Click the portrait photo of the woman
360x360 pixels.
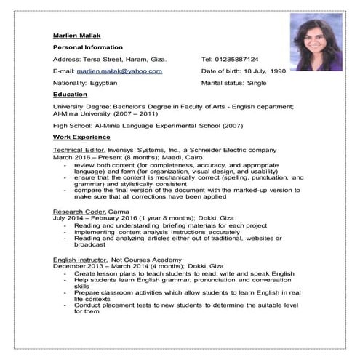(316, 41)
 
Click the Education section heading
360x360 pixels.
(70, 95)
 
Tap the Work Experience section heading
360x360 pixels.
(81, 137)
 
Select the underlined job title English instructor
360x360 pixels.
(79, 260)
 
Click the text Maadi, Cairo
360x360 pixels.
(188, 157)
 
